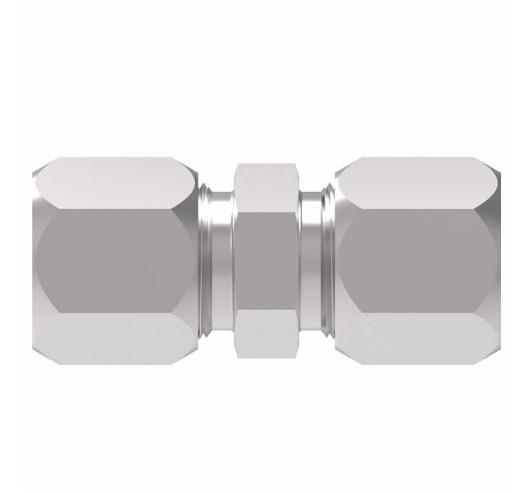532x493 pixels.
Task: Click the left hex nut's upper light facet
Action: pos(115,181)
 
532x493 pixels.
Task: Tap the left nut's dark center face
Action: pos(115,260)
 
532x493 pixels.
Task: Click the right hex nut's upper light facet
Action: pos(417,181)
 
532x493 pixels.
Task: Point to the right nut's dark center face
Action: pos(417,260)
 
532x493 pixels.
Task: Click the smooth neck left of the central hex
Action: pos(221,260)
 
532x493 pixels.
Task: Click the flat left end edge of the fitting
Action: pos(34,260)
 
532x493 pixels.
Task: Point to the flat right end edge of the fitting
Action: pos(498,260)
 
